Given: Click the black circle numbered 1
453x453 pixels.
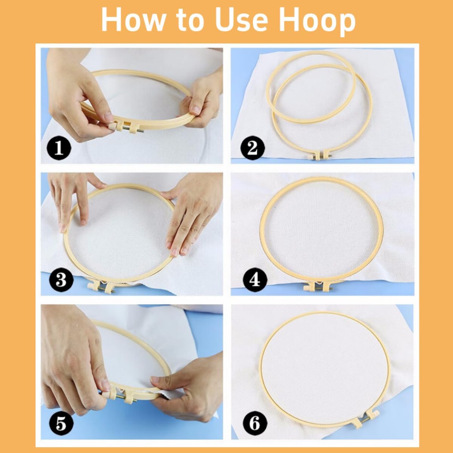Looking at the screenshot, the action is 59,148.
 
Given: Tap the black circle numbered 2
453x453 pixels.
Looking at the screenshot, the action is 253,148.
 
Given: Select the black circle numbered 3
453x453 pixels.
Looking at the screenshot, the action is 61,280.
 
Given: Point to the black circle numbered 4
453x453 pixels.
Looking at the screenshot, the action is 254,280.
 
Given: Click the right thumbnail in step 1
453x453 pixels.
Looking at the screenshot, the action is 196,110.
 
